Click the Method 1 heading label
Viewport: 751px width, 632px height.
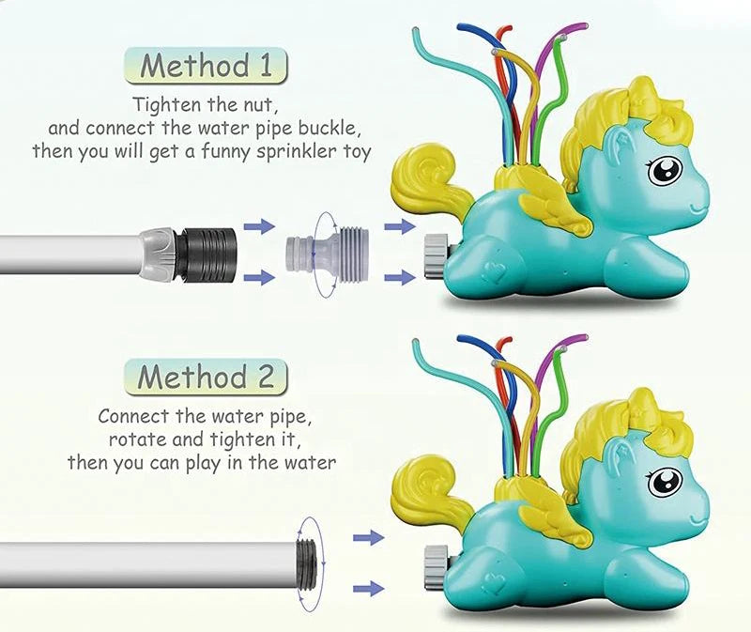pyautogui.click(x=206, y=65)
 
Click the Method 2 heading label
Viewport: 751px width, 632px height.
pyautogui.click(x=206, y=377)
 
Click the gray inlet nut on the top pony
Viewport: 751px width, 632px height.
pyautogui.click(x=436, y=255)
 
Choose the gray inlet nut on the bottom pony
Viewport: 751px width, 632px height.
pyautogui.click(x=436, y=567)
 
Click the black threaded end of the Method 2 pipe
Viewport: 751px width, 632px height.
pyautogui.click(x=307, y=563)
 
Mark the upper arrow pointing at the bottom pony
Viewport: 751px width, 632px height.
pyautogui.click(x=368, y=538)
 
